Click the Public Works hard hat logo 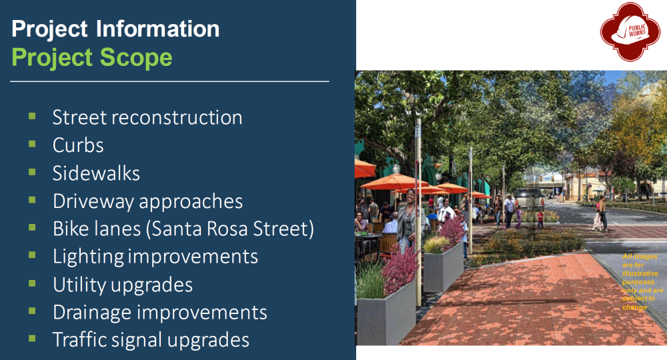pos(630,31)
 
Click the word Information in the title pos(158,29)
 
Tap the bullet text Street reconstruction pos(147,117)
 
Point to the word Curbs pos(78,145)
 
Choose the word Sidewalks pos(96,173)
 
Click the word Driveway pos(93,201)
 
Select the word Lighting pos(88,257)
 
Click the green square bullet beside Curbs pos(32,143)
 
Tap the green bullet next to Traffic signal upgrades pos(32,338)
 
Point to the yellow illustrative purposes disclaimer pos(642,282)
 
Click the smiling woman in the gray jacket pos(407,221)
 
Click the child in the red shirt pos(540,219)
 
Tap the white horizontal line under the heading pos(169,81)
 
